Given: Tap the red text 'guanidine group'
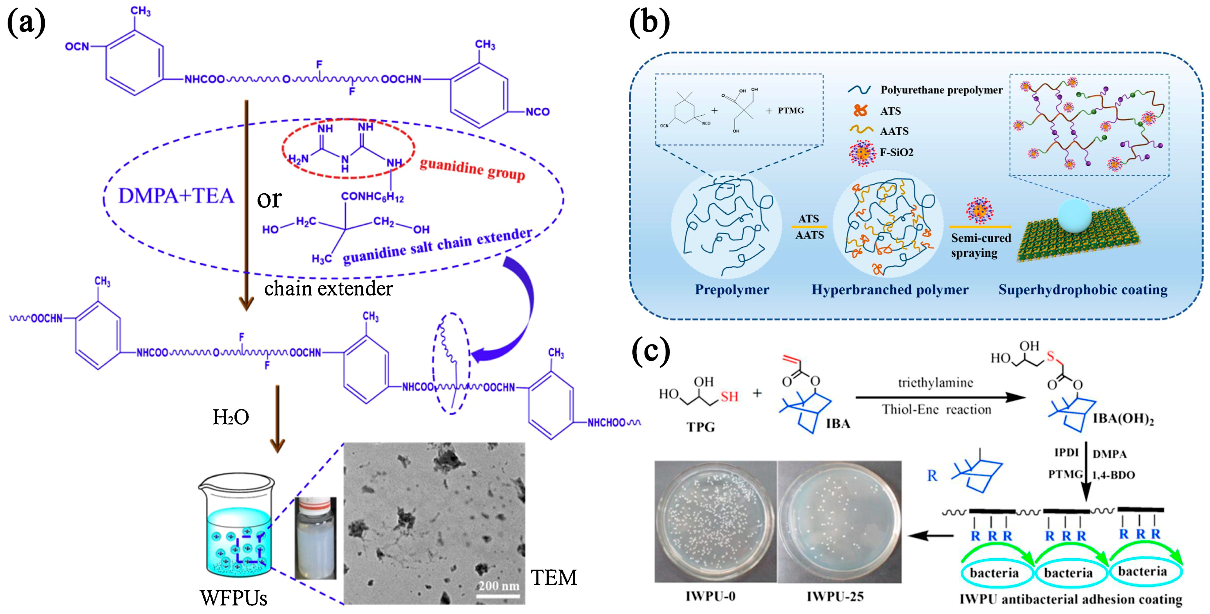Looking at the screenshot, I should pyautogui.click(x=472, y=169).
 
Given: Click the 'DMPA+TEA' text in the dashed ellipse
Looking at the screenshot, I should pyautogui.click(x=176, y=196).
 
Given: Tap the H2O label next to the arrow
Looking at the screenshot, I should pyautogui.click(x=231, y=417).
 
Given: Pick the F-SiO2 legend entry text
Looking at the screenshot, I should pyautogui.click(x=896, y=152).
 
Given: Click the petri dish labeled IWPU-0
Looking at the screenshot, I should pyautogui.click(x=715, y=521).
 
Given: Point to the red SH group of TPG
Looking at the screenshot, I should pyautogui.click(x=729, y=397).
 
